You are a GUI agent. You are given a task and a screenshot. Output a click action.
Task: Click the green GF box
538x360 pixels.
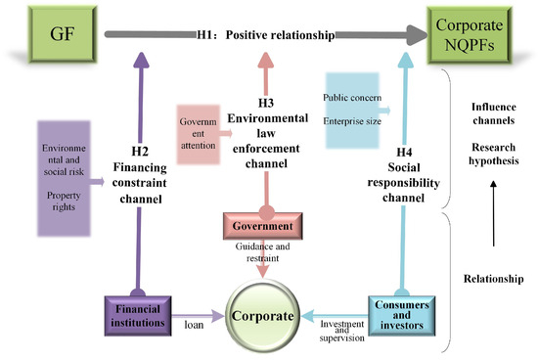click(x=62, y=34)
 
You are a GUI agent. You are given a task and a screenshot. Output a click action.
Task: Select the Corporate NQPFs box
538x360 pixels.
click(x=470, y=35)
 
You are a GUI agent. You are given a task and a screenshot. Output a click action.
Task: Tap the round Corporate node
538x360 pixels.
click(x=262, y=316)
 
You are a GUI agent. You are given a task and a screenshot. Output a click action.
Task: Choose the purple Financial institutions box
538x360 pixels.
click(x=138, y=316)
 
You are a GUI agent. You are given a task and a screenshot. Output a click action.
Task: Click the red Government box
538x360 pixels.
click(x=263, y=226)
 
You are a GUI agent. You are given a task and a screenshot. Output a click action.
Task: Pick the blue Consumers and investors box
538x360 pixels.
click(x=402, y=315)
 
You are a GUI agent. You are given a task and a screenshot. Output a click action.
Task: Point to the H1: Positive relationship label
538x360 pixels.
click(x=266, y=35)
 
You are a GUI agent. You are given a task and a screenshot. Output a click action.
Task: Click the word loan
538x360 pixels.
click(x=194, y=325)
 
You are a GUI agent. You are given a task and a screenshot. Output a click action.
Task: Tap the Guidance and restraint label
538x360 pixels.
click(x=262, y=251)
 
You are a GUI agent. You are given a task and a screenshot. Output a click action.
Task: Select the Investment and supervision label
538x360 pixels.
click(x=342, y=331)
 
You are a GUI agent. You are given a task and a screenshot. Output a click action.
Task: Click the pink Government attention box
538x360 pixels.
click(x=199, y=134)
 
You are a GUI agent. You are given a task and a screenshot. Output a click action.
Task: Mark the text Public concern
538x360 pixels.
click(x=352, y=98)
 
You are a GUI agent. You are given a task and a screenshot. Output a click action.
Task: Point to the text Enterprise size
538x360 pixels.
click(x=352, y=121)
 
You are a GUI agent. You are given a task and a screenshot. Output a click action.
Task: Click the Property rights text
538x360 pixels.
click(x=64, y=201)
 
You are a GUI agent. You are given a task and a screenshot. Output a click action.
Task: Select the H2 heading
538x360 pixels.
click(x=140, y=152)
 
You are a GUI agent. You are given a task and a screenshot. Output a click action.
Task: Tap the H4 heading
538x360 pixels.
click(x=404, y=152)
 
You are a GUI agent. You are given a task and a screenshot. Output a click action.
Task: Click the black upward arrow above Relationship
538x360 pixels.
click(x=493, y=213)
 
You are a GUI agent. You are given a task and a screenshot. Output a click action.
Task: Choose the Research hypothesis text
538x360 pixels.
click(x=494, y=154)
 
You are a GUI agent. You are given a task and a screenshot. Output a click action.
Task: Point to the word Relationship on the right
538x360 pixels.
click(x=493, y=279)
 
